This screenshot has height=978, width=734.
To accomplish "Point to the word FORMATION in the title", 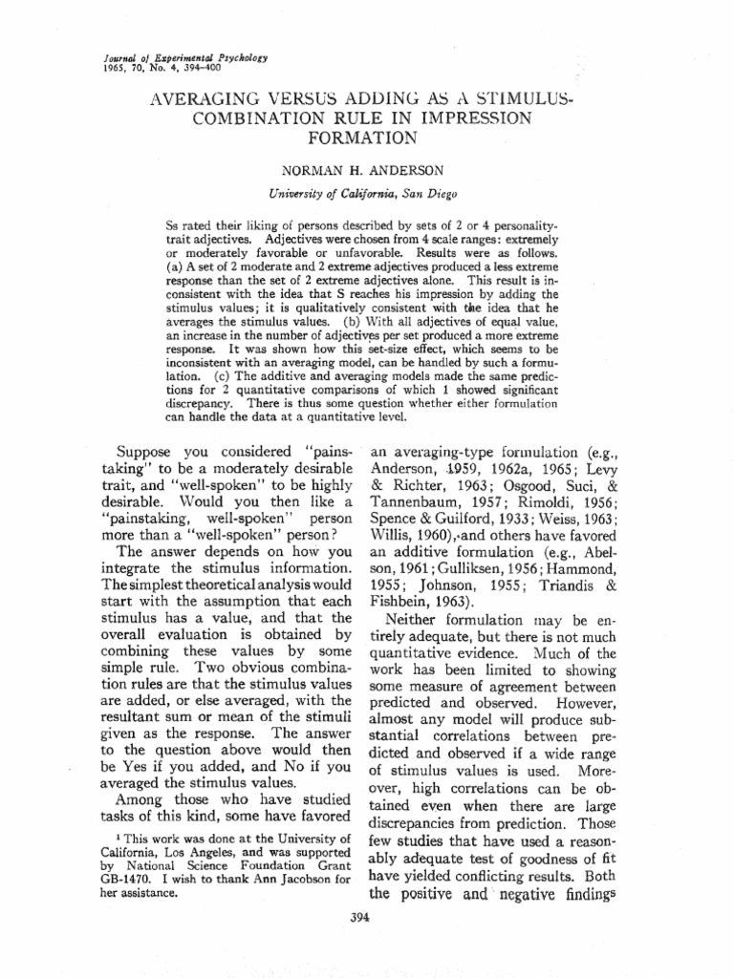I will click(366, 137).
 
